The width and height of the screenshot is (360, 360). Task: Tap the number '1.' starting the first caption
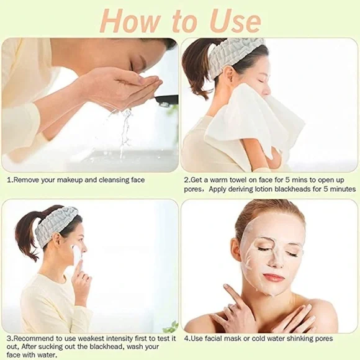pos(9,180)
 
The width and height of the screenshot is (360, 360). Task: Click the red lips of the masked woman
pos(273,277)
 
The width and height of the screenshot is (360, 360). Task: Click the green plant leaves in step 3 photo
pos(171,326)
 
